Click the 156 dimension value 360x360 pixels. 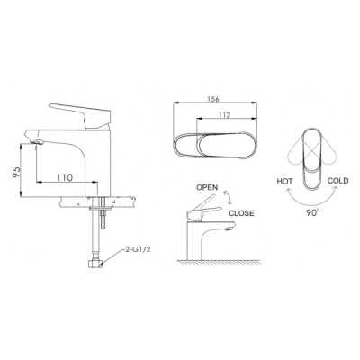pyautogui.click(x=213, y=99)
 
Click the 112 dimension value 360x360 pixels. pyautogui.click(x=225, y=114)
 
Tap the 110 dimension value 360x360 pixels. pyautogui.click(x=65, y=177)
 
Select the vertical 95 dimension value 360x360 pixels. pyautogui.click(x=16, y=173)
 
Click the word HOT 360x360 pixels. pyautogui.click(x=284, y=182)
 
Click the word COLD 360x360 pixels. pyautogui.click(x=338, y=181)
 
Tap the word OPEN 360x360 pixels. pyautogui.click(x=207, y=187)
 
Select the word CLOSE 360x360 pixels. pyautogui.click(x=241, y=213)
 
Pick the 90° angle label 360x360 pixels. pyautogui.click(x=313, y=213)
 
